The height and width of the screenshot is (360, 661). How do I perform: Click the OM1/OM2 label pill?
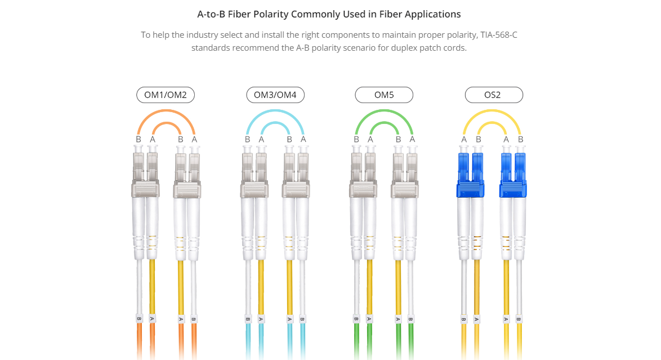click(166, 95)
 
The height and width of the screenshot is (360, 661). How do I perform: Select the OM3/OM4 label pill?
click(275, 95)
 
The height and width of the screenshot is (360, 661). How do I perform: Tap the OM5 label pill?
click(384, 95)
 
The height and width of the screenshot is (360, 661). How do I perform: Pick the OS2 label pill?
click(494, 95)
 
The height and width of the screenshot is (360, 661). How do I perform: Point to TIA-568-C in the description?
click(499, 34)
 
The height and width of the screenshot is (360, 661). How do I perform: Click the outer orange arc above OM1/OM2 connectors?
click(166, 111)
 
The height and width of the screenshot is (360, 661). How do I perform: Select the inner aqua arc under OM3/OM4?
click(275, 123)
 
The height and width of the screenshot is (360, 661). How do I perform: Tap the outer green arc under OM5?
click(384, 111)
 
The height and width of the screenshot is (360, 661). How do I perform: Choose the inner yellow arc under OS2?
click(492, 123)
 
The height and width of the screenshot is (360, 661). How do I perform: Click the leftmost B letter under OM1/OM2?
click(139, 139)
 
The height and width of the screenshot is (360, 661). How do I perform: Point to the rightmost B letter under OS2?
click(521, 139)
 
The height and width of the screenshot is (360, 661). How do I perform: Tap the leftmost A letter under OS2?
click(464, 139)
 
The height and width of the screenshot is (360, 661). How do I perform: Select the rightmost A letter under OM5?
click(412, 139)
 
